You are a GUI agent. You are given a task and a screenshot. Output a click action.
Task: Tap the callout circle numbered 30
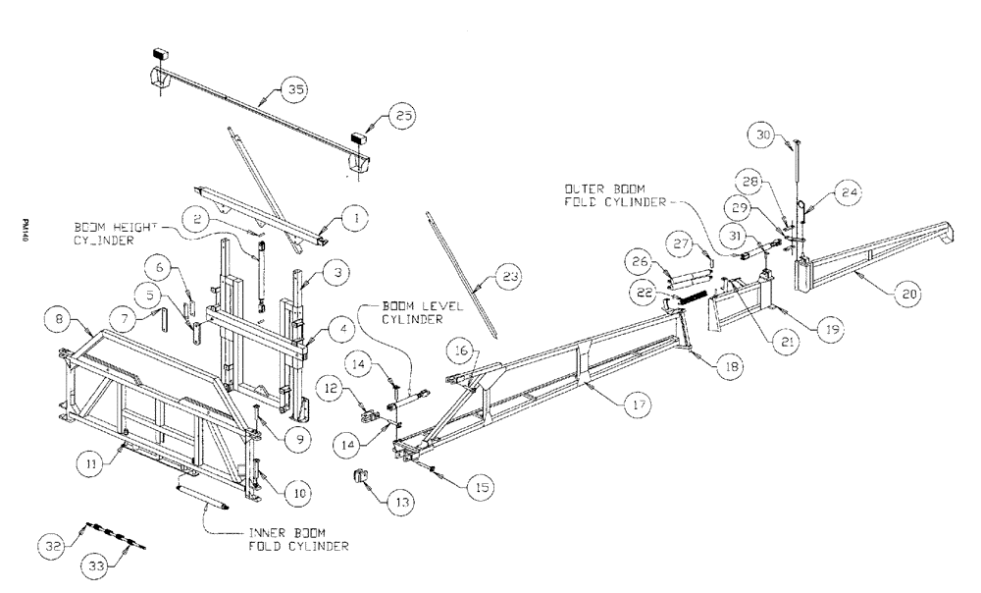765,134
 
